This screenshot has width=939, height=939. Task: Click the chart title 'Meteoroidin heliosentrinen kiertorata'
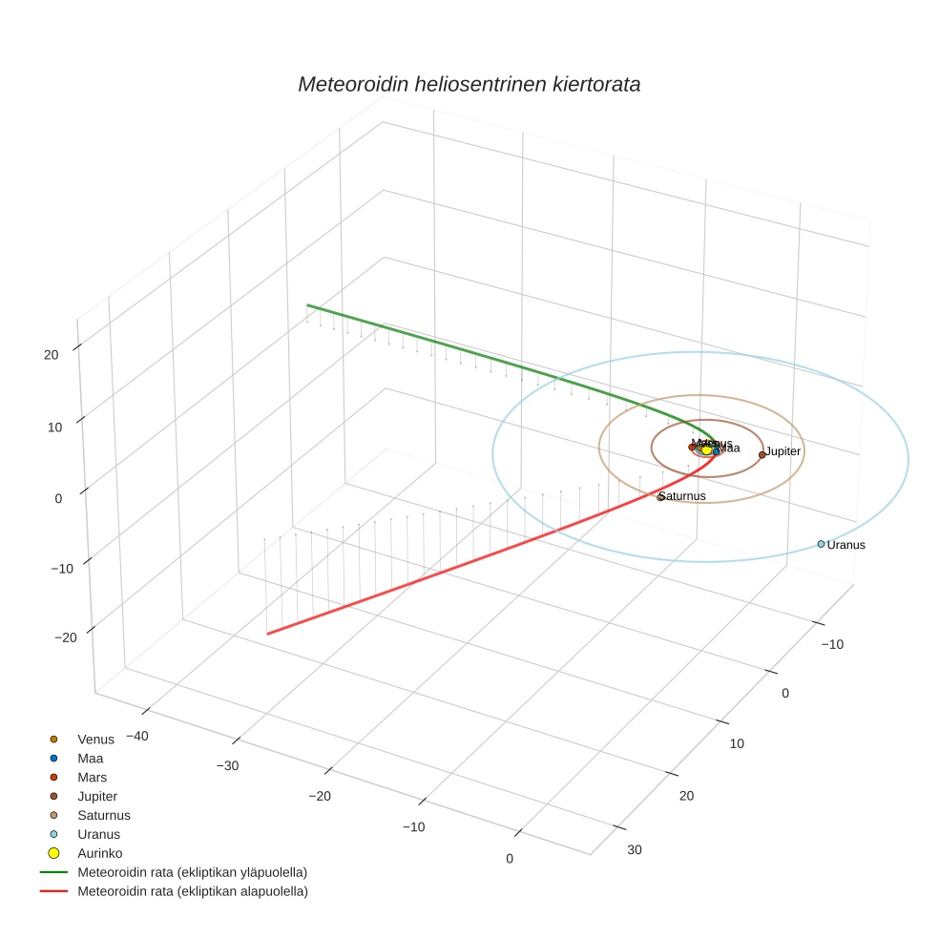469,84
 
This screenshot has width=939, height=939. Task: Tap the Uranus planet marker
821,544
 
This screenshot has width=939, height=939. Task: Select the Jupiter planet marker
762,454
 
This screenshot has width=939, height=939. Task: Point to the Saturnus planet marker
660,497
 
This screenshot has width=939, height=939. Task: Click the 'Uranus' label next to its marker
846,545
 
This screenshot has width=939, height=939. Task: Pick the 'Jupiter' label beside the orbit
783,450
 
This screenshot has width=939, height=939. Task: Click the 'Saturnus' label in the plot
684,496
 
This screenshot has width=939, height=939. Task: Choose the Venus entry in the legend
95,739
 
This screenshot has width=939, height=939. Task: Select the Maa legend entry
91,758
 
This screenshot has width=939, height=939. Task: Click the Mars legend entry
92,777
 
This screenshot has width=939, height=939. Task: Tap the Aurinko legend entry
99,852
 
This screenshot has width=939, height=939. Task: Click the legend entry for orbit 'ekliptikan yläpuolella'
192,871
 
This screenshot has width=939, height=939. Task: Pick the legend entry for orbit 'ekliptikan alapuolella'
192,891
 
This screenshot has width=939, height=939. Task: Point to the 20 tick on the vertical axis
51,354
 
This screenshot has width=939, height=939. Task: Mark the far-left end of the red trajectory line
267,634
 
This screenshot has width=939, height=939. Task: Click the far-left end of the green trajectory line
307,305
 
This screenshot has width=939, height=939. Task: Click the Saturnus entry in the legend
103,815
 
